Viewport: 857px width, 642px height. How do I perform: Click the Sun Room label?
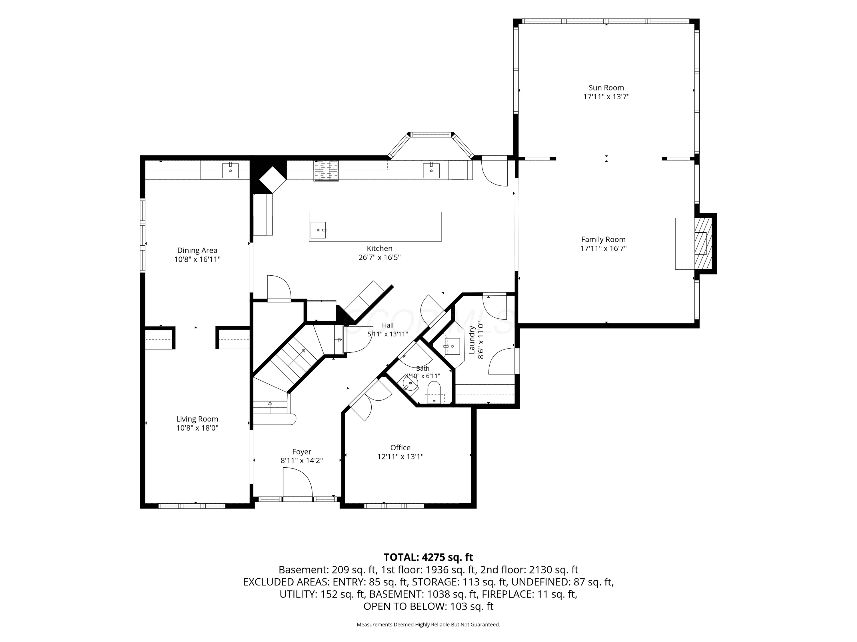[x=606, y=88]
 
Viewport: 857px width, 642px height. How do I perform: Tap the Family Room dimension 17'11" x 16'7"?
[x=603, y=249]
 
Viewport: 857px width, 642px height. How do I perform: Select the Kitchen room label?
[x=380, y=249]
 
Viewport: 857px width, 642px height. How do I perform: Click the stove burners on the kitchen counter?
[x=326, y=171]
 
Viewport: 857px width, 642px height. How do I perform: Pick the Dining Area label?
[x=197, y=250]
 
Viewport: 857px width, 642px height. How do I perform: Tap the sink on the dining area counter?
[x=230, y=170]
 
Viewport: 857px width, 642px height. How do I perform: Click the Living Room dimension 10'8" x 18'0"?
[x=197, y=428]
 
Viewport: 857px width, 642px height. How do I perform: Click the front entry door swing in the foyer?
[x=298, y=482]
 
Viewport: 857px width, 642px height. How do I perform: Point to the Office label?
[x=400, y=447]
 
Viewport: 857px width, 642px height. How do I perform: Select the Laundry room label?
[x=472, y=340]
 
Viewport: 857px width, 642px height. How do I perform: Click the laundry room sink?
[x=451, y=346]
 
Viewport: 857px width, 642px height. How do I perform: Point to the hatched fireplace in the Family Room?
[x=703, y=244]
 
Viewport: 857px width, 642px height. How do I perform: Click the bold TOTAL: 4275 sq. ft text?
[x=428, y=557]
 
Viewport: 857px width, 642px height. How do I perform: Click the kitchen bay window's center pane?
[x=431, y=135]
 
